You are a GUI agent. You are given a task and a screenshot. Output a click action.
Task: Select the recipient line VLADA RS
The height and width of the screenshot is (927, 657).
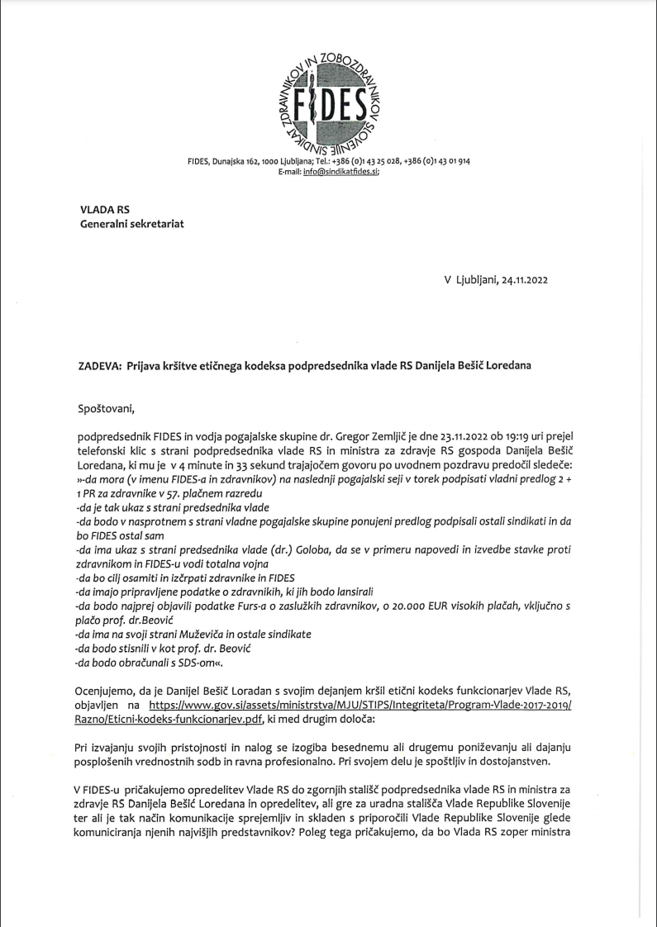[x=100, y=210]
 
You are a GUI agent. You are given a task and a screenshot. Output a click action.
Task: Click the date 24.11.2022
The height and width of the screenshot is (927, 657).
[x=518, y=279]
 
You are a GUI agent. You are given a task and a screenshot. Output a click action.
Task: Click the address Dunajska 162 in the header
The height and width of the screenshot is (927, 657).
[x=240, y=160]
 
